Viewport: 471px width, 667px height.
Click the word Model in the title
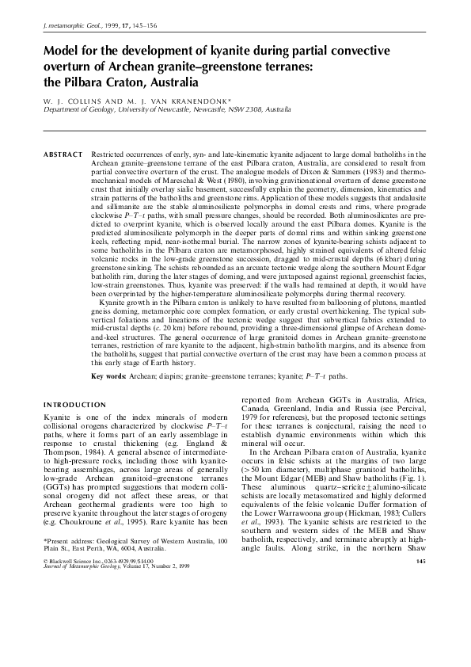[63, 50]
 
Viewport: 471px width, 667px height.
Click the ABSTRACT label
[63, 154]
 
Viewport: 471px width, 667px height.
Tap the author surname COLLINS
[82, 101]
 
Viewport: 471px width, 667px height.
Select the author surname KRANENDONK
[195, 101]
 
